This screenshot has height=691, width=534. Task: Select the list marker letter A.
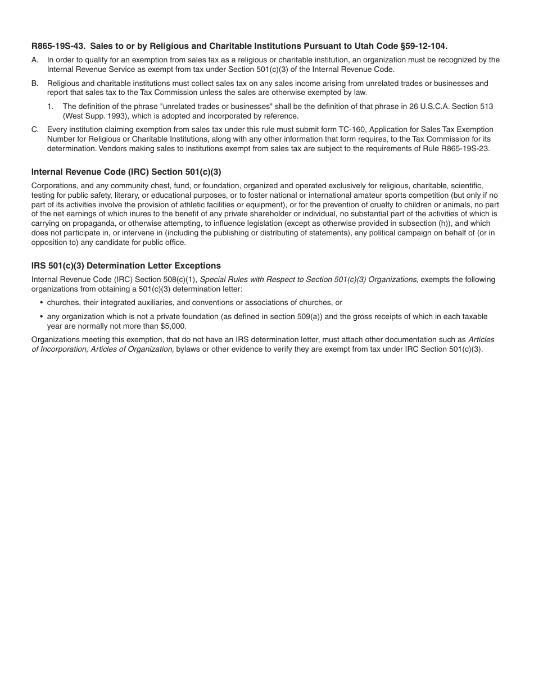(x=35, y=60)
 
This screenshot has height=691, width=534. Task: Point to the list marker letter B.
(x=35, y=84)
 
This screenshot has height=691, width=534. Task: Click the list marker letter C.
(x=35, y=130)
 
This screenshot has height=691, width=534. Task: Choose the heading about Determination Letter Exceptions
(x=126, y=266)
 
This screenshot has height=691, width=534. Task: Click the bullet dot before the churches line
(x=42, y=303)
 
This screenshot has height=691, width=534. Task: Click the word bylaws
(x=188, y=349)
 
